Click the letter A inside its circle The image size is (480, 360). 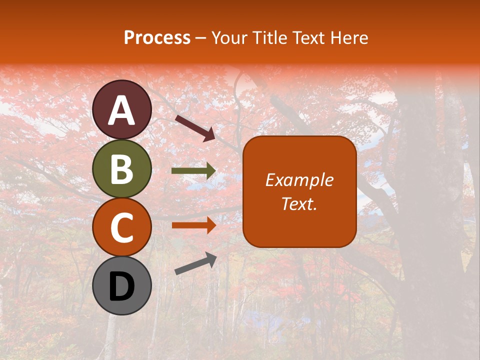coord(122,111)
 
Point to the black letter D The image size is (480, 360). coord(122,287)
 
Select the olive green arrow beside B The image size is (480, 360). coord(193,171)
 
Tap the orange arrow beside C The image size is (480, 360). coord(193,225)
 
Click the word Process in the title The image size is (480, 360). coord(157,37)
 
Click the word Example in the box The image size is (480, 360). coord(299,180)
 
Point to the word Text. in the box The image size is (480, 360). coord(299,204)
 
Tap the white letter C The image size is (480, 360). coord(122,228)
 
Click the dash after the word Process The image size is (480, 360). coord(200,38)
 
